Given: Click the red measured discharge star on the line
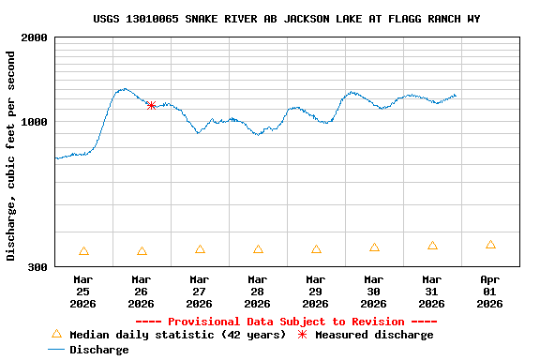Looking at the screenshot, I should point(151,105).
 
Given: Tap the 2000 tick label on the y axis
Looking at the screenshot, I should point(36,37).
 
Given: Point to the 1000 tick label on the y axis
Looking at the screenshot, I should point(36,122).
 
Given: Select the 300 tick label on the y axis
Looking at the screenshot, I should point(38,267).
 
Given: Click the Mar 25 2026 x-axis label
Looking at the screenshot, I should point(83,292).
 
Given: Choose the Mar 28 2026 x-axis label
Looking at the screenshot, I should point(258,292).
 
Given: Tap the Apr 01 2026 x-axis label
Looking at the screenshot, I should point(490,292).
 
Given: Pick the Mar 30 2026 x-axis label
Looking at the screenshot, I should point(374,292).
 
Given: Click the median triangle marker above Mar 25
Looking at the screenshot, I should point(83,251).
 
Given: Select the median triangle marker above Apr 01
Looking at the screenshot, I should point(490,245).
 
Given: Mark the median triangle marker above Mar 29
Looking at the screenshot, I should point(316,249).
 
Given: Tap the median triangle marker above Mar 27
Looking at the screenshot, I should point(200,249).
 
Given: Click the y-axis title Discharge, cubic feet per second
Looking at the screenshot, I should point(11,156).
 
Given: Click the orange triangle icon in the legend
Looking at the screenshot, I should point(56,334).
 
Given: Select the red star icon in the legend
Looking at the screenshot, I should point(302,334).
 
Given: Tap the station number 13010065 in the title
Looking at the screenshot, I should point(161,19).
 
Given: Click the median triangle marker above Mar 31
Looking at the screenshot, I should point(432,246).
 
